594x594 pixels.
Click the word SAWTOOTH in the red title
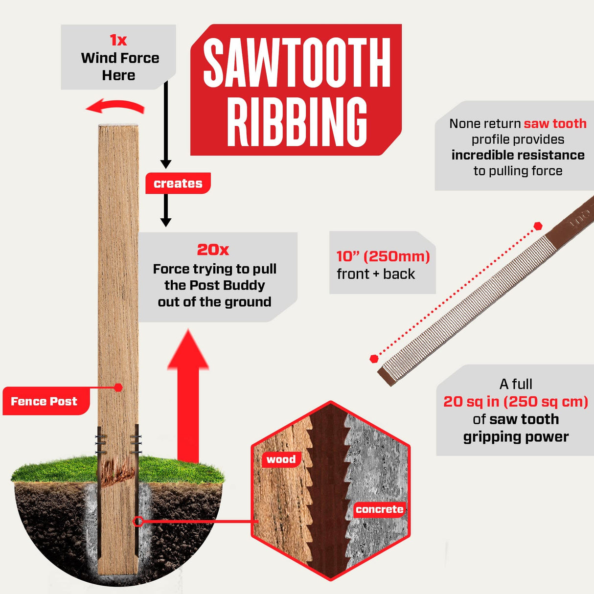[297, 63]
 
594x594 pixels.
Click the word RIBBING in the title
[297, 121]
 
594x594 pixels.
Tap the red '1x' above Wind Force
[118, 40]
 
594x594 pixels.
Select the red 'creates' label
[178, 183]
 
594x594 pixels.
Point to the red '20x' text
[213, 250]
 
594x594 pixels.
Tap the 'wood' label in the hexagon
[281, 459]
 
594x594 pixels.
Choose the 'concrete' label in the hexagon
[380, 509]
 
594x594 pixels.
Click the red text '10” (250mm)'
[383, 256]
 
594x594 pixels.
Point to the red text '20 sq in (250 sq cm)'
[516, 401]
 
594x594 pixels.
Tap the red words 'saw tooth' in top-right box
[555, 124]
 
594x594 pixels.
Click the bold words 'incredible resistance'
[518, 155]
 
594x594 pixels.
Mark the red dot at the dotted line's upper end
[538, 226]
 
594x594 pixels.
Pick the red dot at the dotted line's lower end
[374, 359]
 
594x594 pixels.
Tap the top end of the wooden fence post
[118, 125]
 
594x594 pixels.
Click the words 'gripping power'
[516, 437]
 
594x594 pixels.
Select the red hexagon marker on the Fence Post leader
[118, 387]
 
